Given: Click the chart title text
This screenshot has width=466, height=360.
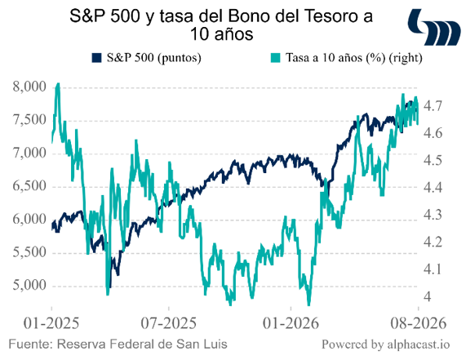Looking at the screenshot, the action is point(221,25).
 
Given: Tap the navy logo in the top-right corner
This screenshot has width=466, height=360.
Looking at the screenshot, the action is point(434,28).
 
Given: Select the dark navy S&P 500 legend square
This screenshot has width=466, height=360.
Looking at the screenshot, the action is point(96,58).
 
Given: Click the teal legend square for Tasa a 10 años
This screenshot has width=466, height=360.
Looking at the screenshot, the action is point(276,58).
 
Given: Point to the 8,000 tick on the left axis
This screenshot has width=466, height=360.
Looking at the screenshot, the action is point(29,87).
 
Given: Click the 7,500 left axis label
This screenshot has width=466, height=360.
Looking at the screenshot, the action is point(29,120).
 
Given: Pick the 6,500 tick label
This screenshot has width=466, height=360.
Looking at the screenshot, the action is point(29,186).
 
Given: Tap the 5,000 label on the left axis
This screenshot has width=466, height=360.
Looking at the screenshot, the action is point(29,286).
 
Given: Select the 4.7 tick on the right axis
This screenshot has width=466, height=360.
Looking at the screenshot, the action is point(433,106).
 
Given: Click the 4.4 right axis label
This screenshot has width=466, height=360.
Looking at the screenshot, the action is point(433,188).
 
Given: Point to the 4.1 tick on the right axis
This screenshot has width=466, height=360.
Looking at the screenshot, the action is point(433,269).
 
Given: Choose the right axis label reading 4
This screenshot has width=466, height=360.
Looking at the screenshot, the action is point(427,296).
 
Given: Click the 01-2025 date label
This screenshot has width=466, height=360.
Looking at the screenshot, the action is point(51,323).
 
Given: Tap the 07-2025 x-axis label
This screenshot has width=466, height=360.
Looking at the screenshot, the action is point(168,323).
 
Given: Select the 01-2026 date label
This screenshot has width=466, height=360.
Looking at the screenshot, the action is point(291,323).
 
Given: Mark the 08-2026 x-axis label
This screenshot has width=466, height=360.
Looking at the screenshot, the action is point(419,323).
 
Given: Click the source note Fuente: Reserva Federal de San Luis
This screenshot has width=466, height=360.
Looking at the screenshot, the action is point(118,344).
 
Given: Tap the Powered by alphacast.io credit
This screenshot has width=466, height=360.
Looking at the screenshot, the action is point(386,344).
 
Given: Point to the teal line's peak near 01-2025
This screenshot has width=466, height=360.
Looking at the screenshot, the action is point(58,84).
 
